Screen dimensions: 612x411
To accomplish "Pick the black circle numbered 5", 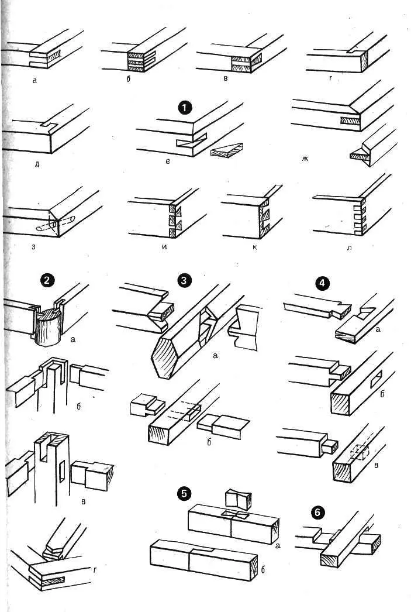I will (x=185, y=493).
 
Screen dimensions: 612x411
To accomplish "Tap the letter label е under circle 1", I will (x=167, y=160).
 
